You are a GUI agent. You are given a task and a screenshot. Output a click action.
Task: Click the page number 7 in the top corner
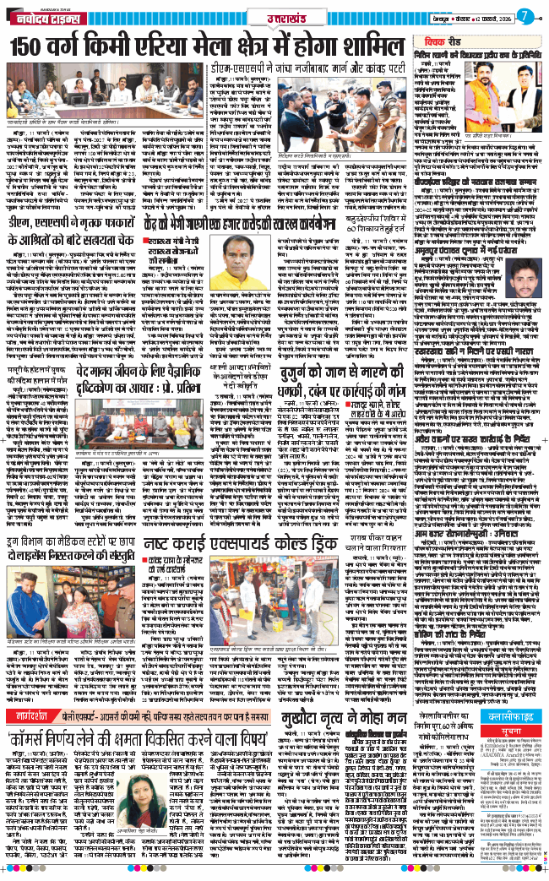525,15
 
